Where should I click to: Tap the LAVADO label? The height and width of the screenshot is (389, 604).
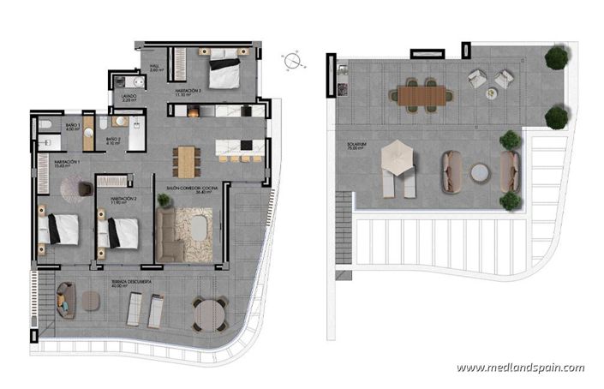tap(129, 98)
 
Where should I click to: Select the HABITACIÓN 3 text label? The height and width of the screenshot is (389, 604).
tap(189, 91)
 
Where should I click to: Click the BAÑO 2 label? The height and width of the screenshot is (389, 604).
tap(113, 141)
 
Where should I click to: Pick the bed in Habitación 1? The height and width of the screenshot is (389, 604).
tap(59, 228)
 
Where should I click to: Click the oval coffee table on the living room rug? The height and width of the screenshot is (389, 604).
tap(197, 229)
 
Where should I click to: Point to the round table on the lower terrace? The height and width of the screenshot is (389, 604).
tap(209, 314)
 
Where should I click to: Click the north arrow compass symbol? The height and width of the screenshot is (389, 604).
tap(294, 61)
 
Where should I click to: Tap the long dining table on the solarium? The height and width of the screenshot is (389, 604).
tap(422, 93)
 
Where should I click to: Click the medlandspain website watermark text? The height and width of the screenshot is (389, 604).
tap(520, 368)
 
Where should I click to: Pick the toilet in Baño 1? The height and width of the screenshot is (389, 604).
tap(45, 128)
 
